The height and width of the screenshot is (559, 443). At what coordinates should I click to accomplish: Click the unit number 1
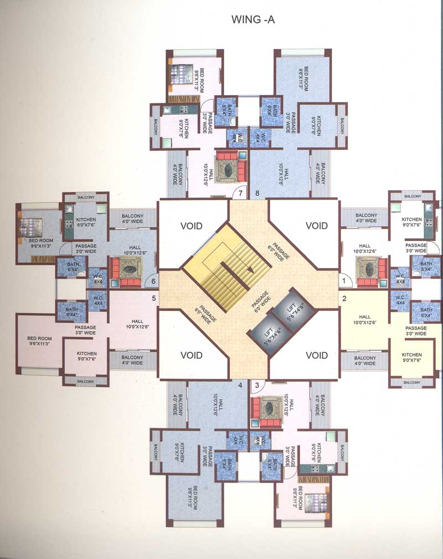pyautogui.click(x=344, y=281)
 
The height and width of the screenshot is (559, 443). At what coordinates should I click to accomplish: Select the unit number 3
pyautogui.click(x=257, y=385)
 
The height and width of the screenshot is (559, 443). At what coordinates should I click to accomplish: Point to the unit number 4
pyautogui.click(x=240, y=385)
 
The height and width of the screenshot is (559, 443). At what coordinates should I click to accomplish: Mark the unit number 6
pyautogui.click(x=154, y=281)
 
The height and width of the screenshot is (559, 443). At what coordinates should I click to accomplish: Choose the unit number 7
pyautogui.click(x=240, y=193)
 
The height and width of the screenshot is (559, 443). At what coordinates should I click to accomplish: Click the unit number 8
pyautogui.click(x=257, y=193)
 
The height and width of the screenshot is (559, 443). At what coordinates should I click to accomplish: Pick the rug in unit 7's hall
pyautogui.click(x=226, y=167)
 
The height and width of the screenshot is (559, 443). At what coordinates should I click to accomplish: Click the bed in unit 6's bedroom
pyautogui.click(x=29, y=227)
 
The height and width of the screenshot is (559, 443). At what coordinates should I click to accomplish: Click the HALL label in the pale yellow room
pyautogui.click(x=364, y=317)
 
